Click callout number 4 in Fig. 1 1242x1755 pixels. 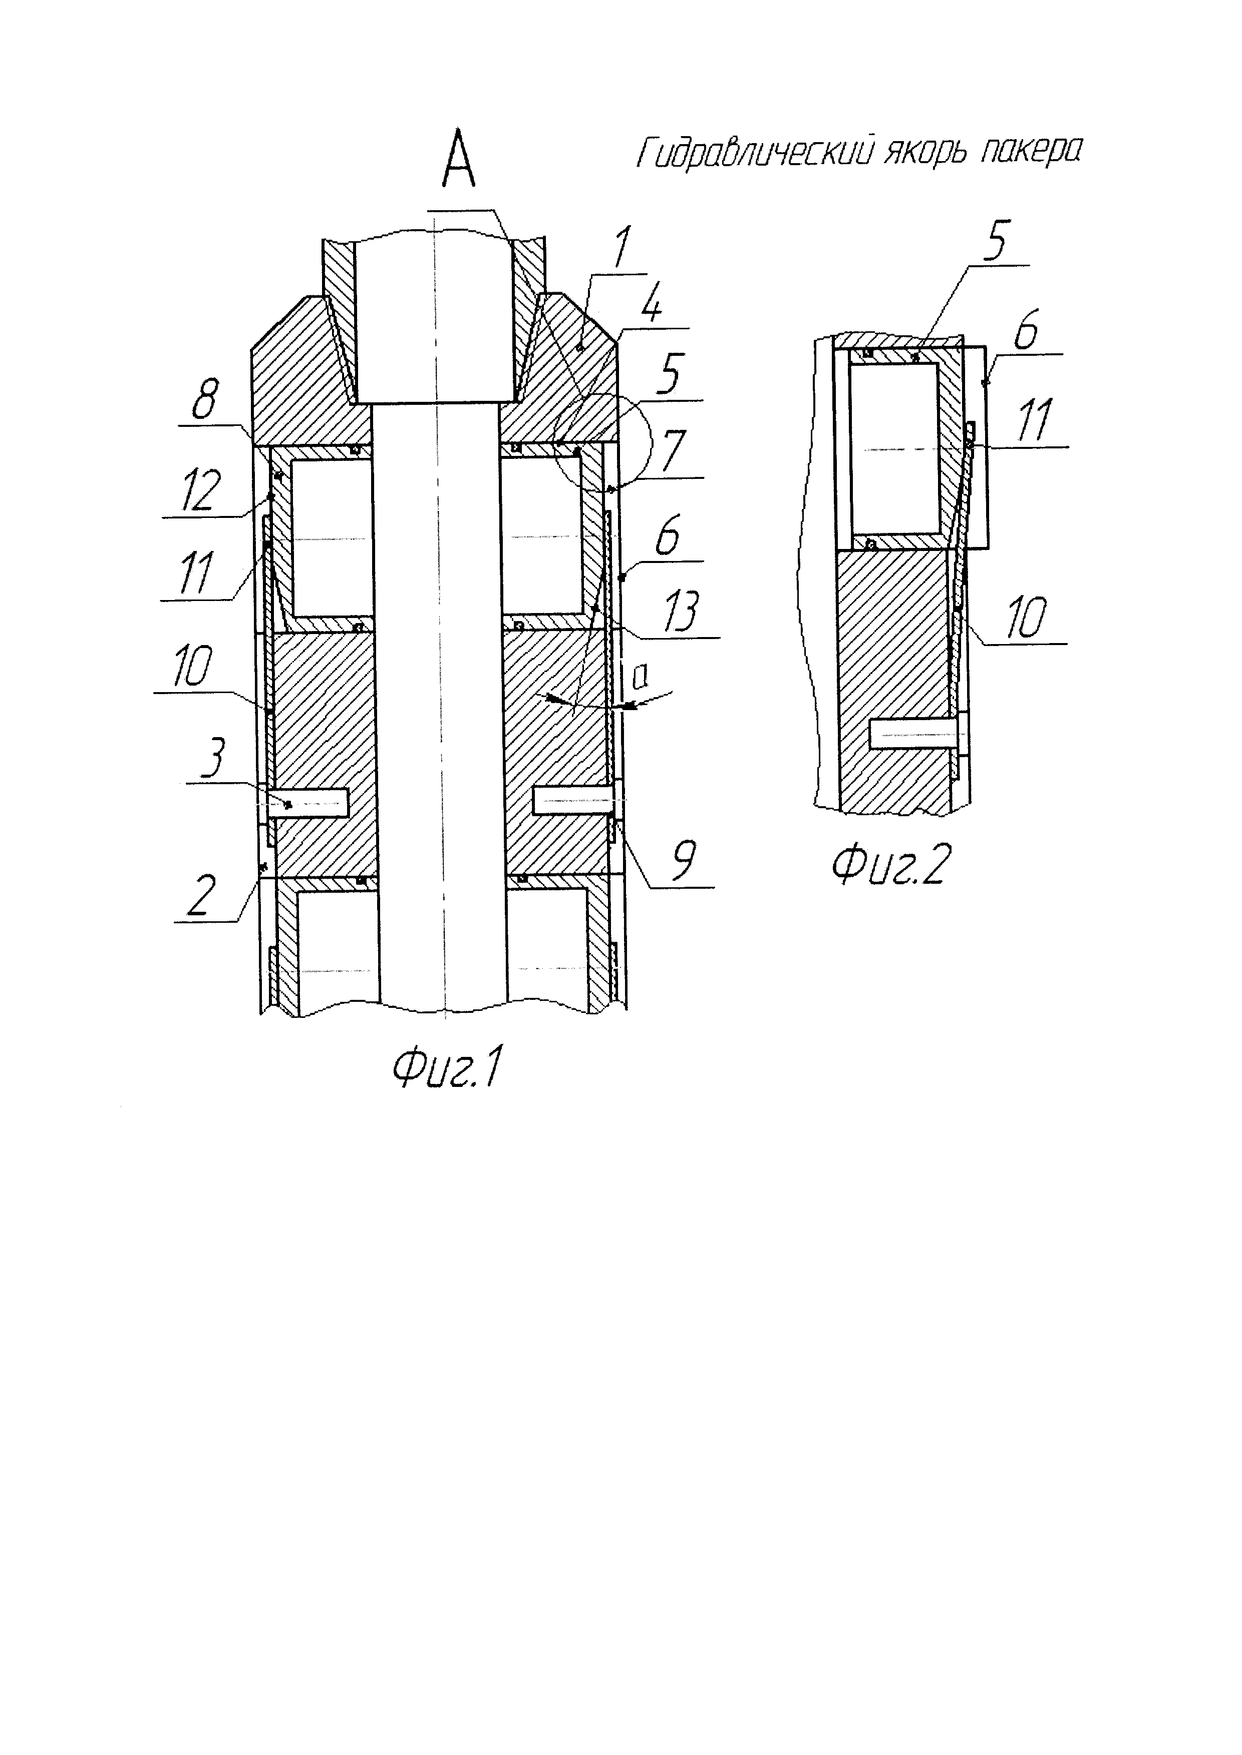(x=651, y=307)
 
